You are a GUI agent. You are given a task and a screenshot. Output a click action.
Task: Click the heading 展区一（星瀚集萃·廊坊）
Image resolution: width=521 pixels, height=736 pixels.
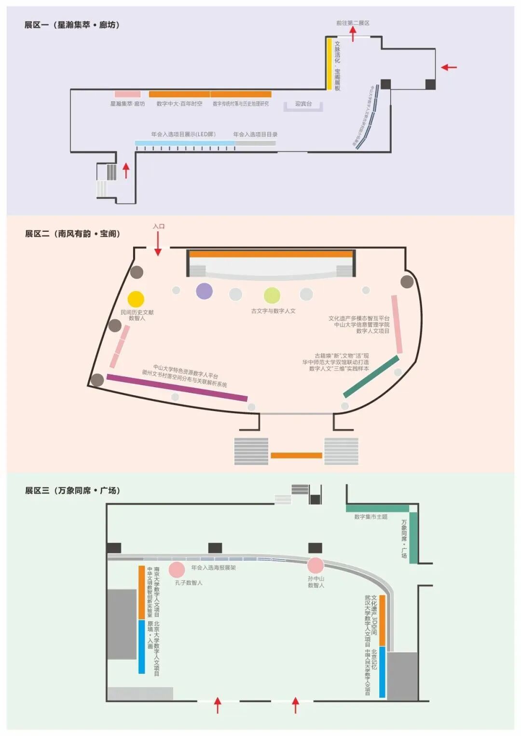coord(72,25)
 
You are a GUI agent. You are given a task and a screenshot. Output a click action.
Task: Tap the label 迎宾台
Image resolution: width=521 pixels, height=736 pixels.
coord(303,104)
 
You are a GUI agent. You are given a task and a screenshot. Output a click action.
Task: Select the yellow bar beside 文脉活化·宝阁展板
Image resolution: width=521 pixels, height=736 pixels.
coord(329,64)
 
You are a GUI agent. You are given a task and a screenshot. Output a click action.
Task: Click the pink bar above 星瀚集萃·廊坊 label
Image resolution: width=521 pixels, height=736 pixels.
coord(127,94)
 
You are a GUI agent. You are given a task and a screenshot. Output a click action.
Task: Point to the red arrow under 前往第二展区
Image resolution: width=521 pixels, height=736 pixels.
coord(353,34)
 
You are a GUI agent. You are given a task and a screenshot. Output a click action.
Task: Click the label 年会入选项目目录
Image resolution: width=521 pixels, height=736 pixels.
coord(255,134)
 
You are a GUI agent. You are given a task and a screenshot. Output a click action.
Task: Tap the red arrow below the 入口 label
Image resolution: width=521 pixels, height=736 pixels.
coord(158,244)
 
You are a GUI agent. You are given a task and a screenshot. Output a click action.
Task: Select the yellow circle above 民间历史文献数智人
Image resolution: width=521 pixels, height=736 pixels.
coord(136,299)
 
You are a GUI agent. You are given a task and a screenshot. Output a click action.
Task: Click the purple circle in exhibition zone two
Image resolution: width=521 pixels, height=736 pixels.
coord(204,291)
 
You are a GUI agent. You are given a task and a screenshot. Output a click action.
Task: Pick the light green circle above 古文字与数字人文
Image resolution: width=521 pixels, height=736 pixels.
coord(272,295)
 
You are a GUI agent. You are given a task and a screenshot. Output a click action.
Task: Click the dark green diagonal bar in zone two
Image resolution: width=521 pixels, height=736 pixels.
coord(371,376)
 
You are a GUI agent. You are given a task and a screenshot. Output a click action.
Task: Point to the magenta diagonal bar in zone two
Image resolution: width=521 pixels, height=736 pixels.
coord(177,388)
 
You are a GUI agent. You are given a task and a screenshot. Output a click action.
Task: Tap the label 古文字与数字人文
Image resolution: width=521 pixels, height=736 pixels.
coord(273,311)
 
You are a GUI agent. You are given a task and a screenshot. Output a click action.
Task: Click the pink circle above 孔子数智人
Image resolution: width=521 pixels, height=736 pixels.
coord(177,570)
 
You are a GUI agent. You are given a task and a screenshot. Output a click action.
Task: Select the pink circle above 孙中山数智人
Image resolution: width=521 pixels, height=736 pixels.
coord(315,565)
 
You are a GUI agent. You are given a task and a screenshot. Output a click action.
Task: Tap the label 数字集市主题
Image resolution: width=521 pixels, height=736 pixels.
coord(370,517)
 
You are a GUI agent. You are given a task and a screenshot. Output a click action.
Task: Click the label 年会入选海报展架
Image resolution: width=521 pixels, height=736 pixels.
coord(214,568)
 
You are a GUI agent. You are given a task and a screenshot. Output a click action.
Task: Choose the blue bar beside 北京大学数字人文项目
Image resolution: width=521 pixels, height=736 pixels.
coord(141,646)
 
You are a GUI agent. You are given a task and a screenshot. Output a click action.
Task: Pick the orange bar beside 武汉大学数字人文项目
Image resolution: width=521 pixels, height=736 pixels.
coord(382,620)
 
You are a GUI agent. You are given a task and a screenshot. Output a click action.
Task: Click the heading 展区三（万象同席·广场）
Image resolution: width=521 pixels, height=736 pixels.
coord(72,491)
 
